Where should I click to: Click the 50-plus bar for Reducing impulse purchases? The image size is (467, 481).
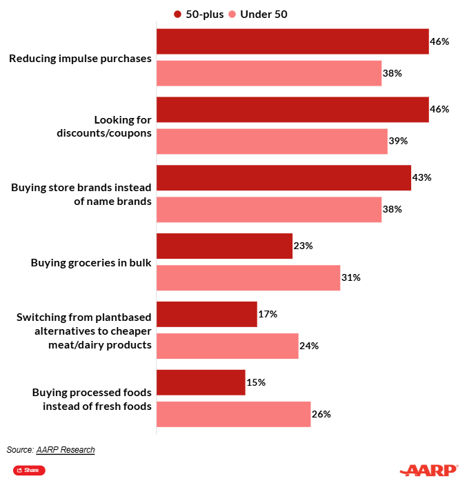coord(292,41)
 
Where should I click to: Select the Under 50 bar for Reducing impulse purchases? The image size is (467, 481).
coord(269,73)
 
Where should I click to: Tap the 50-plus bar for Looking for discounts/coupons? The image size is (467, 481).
coord(292,110)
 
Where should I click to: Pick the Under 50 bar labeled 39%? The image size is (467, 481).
coord(272,141)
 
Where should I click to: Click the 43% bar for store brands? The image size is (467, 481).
coord(284,177)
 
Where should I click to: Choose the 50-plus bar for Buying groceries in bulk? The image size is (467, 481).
coord(225,246)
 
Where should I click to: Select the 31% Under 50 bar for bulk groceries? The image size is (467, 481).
coord(248,277)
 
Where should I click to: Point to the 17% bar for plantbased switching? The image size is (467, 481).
coord(207,314)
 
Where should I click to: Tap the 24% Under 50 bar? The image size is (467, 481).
coord(228,346)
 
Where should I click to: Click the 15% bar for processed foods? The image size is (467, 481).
coord(201,382)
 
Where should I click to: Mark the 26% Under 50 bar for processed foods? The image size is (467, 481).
coord(234,414)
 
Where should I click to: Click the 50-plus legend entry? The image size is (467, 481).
coord(199,14)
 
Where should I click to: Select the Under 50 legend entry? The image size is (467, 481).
coord(257,14)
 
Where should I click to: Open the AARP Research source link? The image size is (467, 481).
coord(66,450)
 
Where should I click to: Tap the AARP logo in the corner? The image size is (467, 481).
coord(431,470)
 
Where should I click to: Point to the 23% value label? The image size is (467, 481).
coord(304,246)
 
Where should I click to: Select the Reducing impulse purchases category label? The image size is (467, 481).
coord(80,59)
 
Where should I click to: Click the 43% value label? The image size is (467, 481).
coord(421,177)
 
